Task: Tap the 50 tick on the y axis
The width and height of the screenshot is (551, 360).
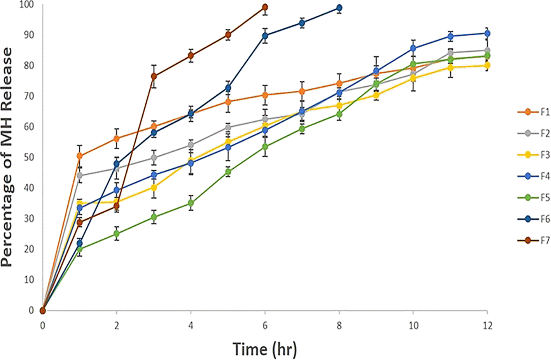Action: [28, 157]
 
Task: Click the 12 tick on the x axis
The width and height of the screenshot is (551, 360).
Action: [487, 325]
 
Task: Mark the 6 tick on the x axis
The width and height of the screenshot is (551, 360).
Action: [265, 325]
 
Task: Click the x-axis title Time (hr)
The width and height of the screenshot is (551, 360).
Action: [265, 349]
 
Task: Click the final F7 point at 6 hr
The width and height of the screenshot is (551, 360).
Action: [265, 7]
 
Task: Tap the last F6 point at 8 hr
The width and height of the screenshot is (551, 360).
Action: [339, 8]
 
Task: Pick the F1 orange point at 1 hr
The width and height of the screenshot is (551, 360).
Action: [80, 156]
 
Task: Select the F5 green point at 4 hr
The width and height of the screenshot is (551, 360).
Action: [191, 203]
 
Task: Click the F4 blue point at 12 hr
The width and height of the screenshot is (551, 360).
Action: [487, 33]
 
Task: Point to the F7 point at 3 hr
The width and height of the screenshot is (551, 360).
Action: [154, 76]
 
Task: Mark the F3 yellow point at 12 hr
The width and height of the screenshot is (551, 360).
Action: [487, 66]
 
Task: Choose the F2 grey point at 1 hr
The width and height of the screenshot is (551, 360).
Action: [80, 175]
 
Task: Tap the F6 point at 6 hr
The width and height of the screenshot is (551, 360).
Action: [265, 36]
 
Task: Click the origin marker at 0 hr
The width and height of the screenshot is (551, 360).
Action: [43, 310]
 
